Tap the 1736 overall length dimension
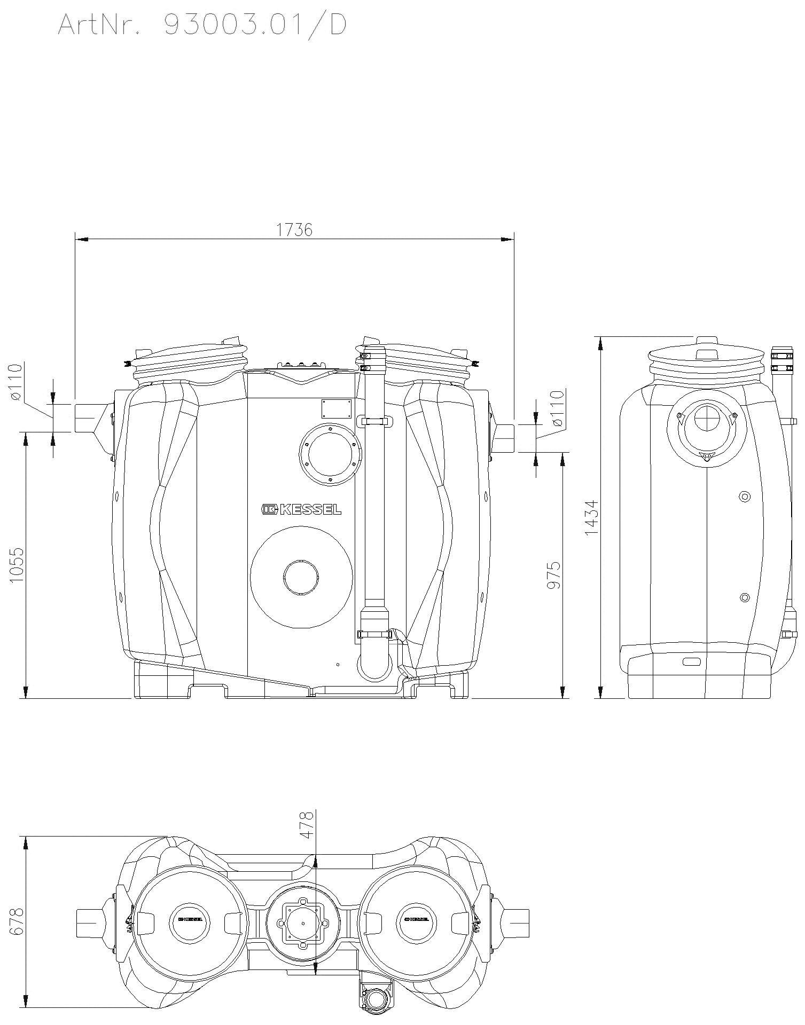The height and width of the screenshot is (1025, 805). point(294,230)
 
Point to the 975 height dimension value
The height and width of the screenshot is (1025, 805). point(553,575)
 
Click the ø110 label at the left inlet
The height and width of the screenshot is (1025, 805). point(17,382)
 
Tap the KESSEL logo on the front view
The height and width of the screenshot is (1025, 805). point(301,509)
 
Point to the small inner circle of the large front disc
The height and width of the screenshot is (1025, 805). point(301,577)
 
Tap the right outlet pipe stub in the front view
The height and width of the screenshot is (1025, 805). point(504,438)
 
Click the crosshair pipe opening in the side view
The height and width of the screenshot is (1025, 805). point(706,419)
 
